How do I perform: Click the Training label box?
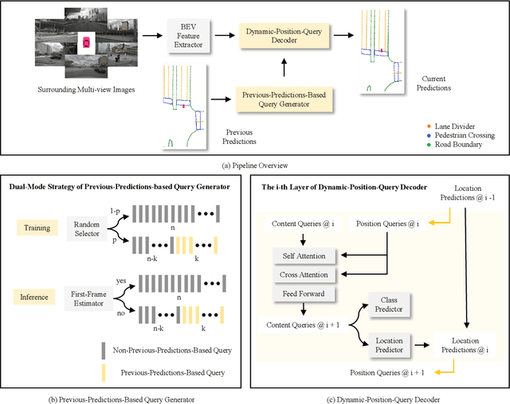click(x=35, y=227)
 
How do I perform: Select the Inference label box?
click(x=35, y=299)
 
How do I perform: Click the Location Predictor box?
click(x=389, y=344)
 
